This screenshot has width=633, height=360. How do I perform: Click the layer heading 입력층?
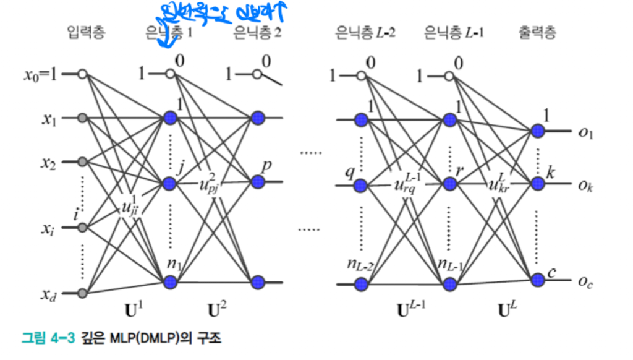pyautogui.click(x=86, y=33)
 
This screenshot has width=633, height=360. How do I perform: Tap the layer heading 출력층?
pyautogui.click(x=537, y=33)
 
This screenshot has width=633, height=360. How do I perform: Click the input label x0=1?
pyautogui.click(x=41, y=75)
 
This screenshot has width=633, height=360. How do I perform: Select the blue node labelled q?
pyautogui.click(x=360, y=185)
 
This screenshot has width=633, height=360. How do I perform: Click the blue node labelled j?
pyautogui.click(x=171, y=184)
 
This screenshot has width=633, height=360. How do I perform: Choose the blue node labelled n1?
pyautogui.click(x=171, y=282)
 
